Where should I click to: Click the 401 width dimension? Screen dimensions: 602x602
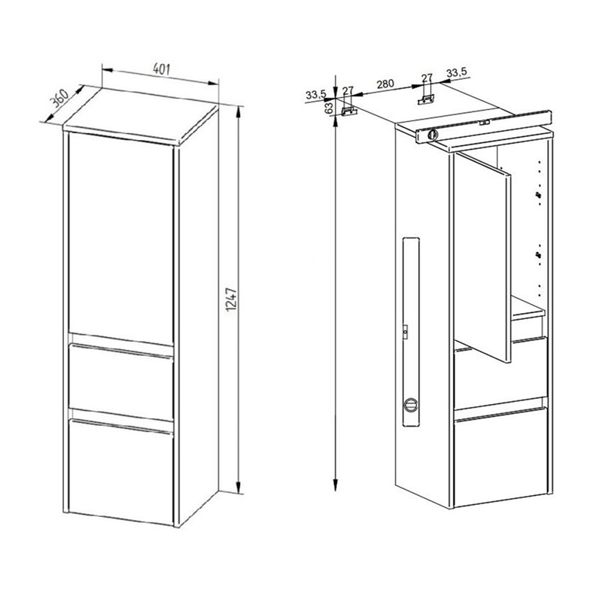pyautogui.click(x=161, y=69)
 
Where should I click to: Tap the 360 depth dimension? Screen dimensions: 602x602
pyautogui.click(x=60, y=99)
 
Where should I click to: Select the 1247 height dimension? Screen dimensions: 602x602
pyautogui.click(x=232, y=299)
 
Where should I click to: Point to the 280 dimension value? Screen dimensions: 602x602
pyautogui.click(x=385, y=84)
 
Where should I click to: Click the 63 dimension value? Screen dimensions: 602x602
pyautogui.click(x=329, y=108)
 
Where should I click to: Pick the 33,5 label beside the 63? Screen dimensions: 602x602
pyautogui.click(x=315, y=94)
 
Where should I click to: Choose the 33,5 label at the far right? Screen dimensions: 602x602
pyautogui.click(x=457, y=71)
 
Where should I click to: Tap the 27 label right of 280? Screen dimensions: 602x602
pyautogui.click(x=427, y=78)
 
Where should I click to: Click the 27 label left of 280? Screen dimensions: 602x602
pyautogui.click(x=348, y=90)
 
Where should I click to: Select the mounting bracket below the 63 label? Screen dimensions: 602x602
pyautogui.click(x=349, y=111)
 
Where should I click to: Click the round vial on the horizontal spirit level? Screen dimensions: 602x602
pyautogui.click(x=433, y=135)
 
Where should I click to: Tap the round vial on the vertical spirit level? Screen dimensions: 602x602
pyautogui.click(x=411, y=405)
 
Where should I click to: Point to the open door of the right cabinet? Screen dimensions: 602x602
pyautogui.click(x=482, y=257)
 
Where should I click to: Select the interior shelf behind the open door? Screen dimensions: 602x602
pyautogui.click(x=528, y=309)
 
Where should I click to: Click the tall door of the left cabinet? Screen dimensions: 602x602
pyautogui.click(x=120, y=238)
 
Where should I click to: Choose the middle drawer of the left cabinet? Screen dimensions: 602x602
pyautogui.click(x=120, y=382)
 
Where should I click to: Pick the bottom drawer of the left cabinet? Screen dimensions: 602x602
pyautogui.click(x=120, y=472)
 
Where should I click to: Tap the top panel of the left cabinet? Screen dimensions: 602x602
pyautogui.click(x=141, y=117)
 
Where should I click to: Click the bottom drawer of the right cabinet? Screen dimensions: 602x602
pyautogui.click(x=500, y=457)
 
